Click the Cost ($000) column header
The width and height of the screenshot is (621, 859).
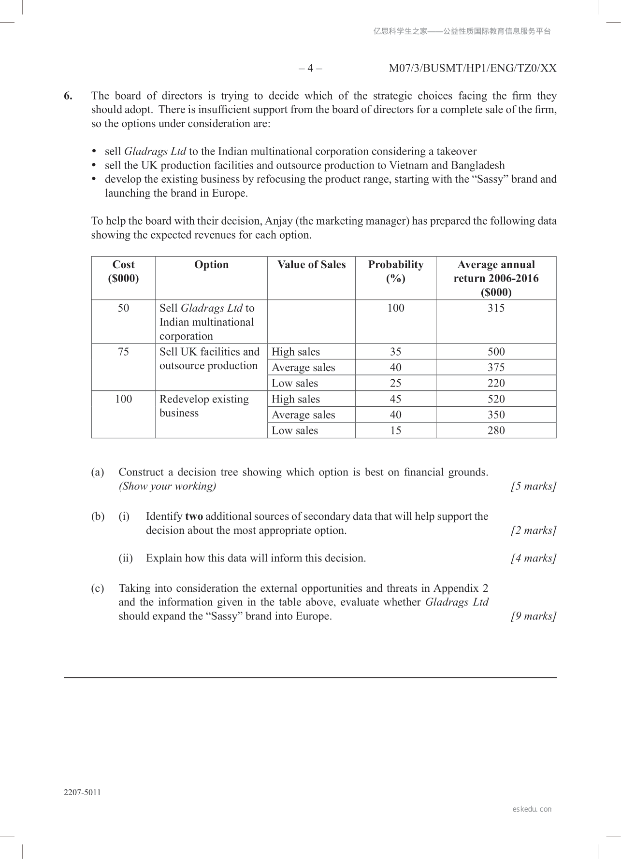[x=123, y=272]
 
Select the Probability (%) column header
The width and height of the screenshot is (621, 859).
[x=395, y=272]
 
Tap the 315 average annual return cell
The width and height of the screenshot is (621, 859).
[x=496, y=308]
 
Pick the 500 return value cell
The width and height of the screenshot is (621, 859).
[x=496, y=352]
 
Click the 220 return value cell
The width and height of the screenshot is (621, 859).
[x=496, y=383]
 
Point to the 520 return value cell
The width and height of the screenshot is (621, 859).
[x=496, y=399]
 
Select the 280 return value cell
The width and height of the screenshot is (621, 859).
[x=496, y=430]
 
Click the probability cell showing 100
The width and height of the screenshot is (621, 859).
[x=395, y=308]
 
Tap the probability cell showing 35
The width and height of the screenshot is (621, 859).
[x=395, y=352]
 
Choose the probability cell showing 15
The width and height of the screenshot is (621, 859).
[x=395, y=430]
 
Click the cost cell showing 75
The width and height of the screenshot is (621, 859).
[x=123, y=352]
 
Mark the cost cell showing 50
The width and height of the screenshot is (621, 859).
[x=123, y=308]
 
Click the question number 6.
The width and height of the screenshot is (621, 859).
[x=68, y=96]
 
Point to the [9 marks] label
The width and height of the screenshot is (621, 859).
[x=534, y=616]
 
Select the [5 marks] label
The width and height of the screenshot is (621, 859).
[x=534, y=486]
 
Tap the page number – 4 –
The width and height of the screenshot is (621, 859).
[x=310, y=68]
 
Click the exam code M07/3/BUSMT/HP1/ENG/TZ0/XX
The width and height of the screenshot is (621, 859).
[x=473, y=68]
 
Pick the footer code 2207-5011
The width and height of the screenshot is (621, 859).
[x=82, y=792]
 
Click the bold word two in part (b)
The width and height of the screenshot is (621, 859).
[x=194, y=516]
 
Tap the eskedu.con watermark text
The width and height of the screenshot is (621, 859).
[x=532, y=809]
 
